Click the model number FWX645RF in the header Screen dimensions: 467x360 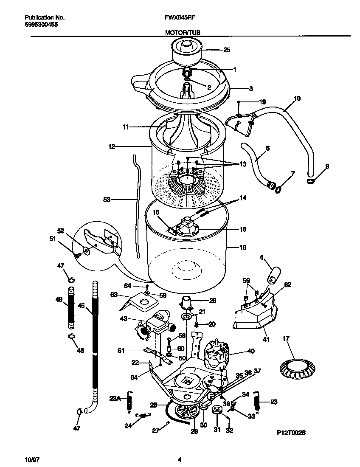pyautogui.click(x=180, y=18)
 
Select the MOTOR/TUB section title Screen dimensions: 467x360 pyautogui.click(x=180, y=32)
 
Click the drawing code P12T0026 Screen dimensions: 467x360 pyautogui.click(x=291, y=432)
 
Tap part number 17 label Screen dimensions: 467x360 pyautogui.click(x=286, y=339)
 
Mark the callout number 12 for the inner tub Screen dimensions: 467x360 pyautogui.click(x=112, y=147)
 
